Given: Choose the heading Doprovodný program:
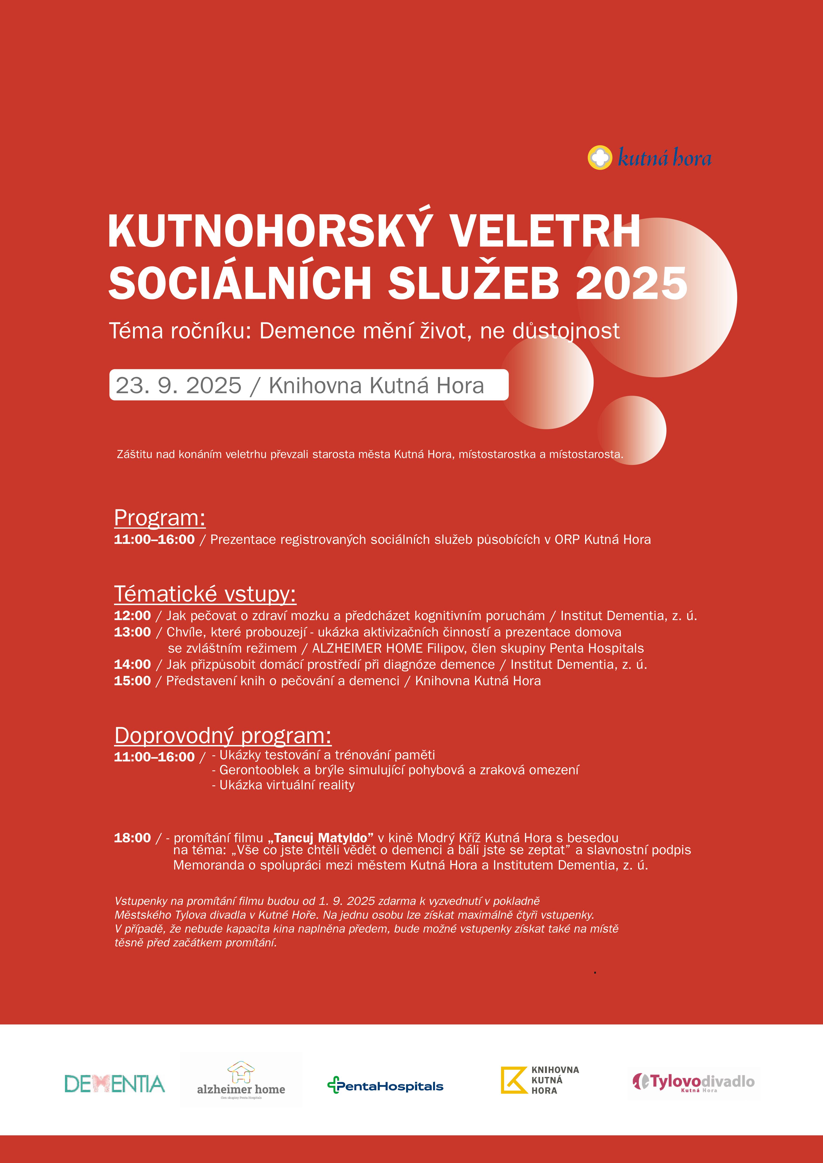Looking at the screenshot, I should coord(223,735).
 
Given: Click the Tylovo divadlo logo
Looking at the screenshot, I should coord(693,1082).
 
